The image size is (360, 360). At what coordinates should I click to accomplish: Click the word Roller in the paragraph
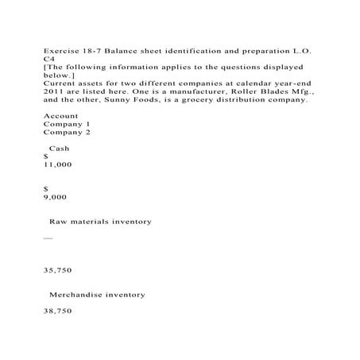[243, 91]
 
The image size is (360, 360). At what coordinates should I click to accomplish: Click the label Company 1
[66, 124]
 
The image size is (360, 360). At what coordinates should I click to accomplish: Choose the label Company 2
[66, 132]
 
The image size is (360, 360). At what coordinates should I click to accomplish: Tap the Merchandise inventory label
[97, 294]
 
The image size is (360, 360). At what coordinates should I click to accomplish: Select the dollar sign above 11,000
[46, 157]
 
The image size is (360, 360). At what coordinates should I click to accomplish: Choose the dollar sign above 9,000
[46, 188]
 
